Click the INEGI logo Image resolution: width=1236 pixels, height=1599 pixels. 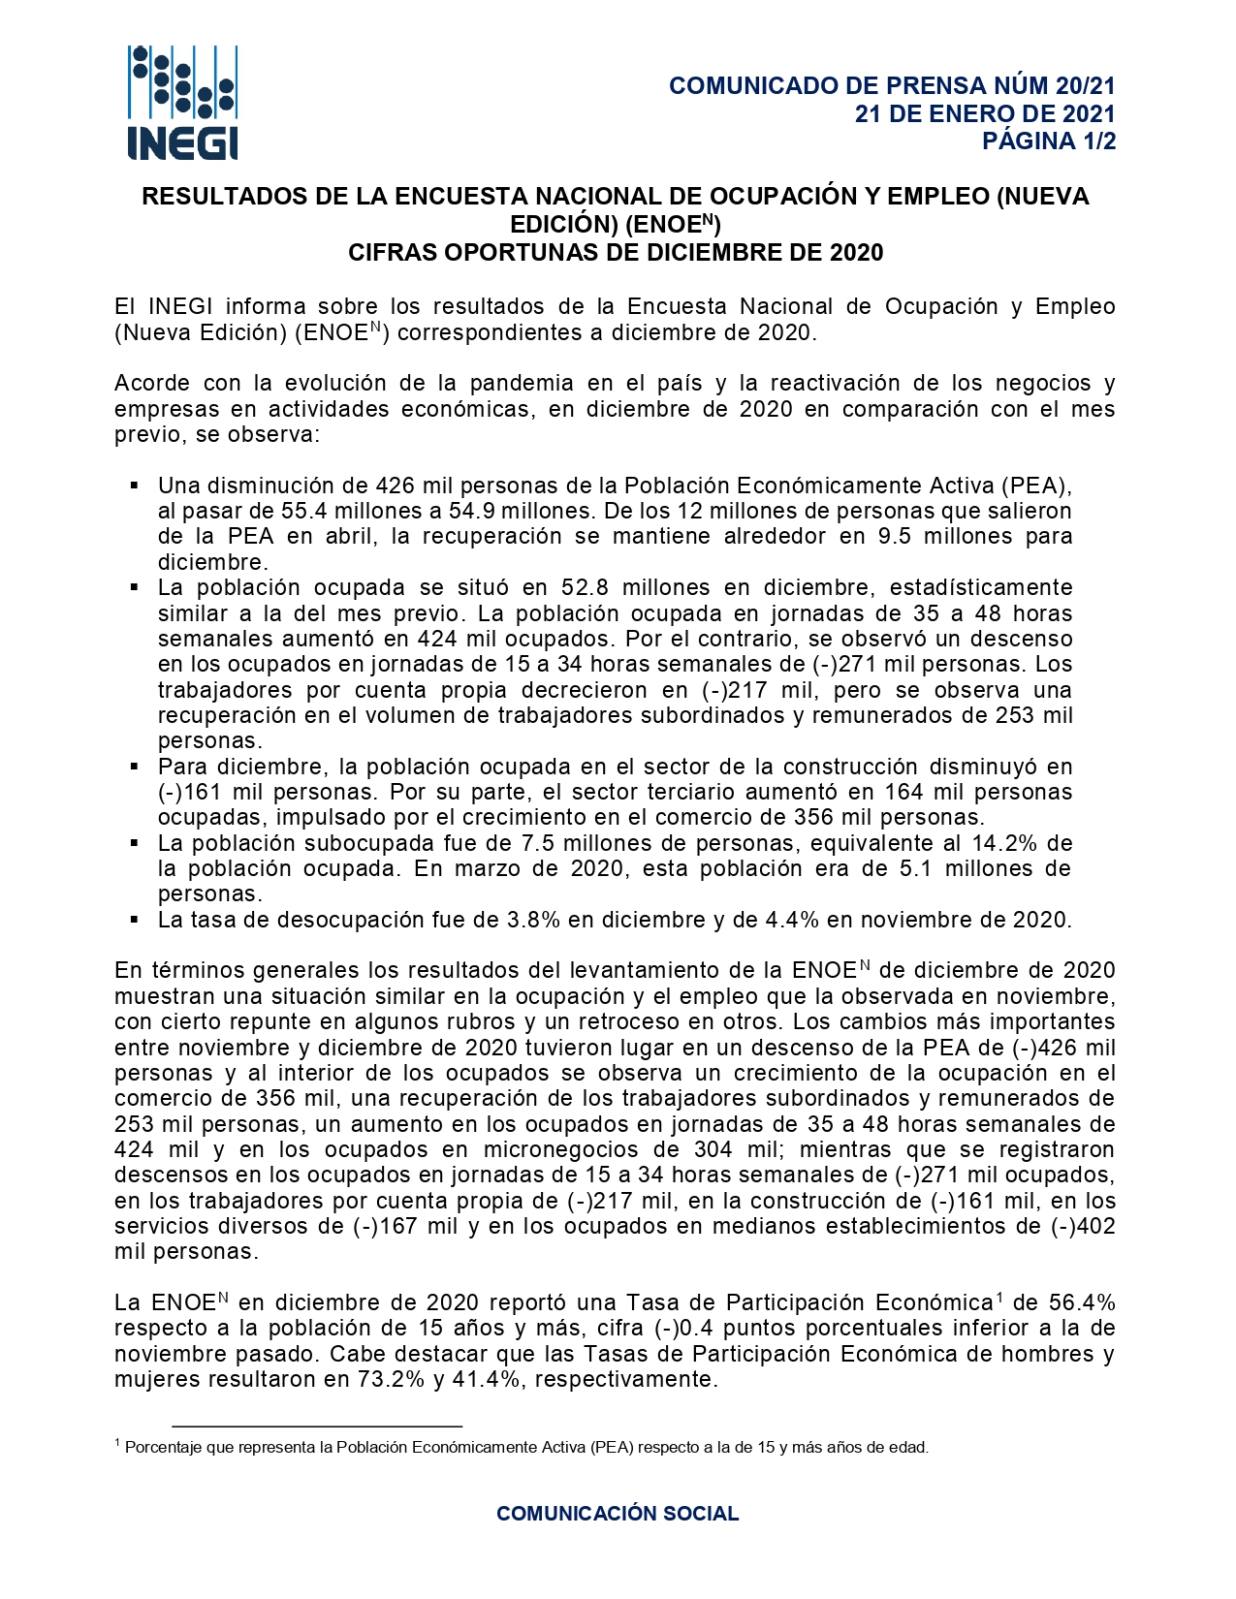pyautogui.click(x=182, y=103)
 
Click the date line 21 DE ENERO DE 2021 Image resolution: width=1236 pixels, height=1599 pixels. pyautogui.click(x=985, y=113)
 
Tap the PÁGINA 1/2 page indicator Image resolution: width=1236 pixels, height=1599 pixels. pyautogui.click(x=1049, y=141)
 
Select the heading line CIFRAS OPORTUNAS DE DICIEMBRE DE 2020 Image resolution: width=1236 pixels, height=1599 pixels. pyautogui.click(x=616, y=253)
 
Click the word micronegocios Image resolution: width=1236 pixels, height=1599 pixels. pyautogui.click(x=564, y=1150)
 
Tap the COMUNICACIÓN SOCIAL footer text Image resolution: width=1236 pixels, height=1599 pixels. pyautogui.click(x=618, y=1514)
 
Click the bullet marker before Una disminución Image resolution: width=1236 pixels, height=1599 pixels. pyautogui.click(x=136, y=485)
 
